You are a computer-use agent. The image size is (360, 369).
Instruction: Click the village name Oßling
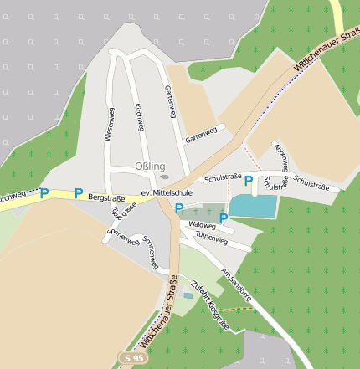pyautogui.click(x=150, y=167)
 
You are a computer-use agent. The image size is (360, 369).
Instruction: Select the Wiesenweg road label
pyautogui.click(x=109, y=122)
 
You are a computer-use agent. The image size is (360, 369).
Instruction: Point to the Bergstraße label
pyautogui.click(x=106, y=198)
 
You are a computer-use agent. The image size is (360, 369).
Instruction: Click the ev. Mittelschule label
pyautogui.click(x=167, y=192)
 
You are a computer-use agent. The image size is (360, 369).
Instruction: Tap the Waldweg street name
pyautogui.click(x=202, y=225)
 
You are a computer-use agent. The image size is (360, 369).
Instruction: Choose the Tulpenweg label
pyautogui.click(x=211, y=239)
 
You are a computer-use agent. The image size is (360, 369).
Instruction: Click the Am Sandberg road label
pyautogui.click(x=235, y=284)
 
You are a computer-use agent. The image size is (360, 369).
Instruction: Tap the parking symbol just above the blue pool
pyautogui.click(x=249, y=180)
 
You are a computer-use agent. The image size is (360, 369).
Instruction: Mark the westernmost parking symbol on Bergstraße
pyautogui.click(x=44, y=193)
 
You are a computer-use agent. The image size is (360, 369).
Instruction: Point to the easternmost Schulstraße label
pyautogui.click(x=311, y=185)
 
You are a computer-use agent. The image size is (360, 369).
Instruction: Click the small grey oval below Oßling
pyautogui.click(x=164, y=177)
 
